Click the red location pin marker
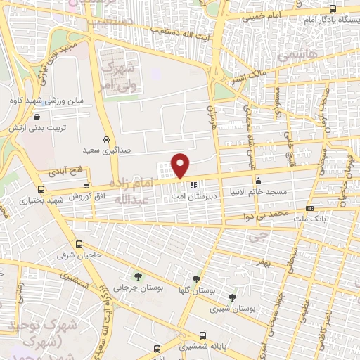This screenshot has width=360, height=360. point(181,165)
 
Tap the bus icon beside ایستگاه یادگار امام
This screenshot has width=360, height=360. point(333,9)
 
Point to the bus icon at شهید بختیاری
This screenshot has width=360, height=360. point(41,189)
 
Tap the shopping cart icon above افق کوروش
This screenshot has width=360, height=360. point(86,185)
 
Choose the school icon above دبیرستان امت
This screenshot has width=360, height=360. point(194,186)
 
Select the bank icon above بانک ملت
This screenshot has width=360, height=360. point(310,209)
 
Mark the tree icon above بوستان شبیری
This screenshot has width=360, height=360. point(233,297)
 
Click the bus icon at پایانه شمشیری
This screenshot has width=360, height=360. point(184,335)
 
